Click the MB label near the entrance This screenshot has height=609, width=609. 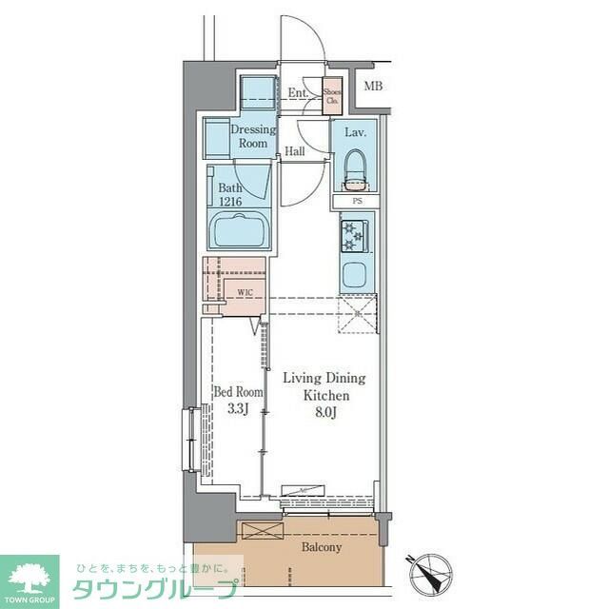tap(374, 88)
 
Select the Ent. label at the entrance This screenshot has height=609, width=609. tap(298, 93)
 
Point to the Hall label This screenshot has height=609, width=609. tap(295, 151)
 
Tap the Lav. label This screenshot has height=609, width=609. tap(355, 132)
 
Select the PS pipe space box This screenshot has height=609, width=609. tap(357, 202)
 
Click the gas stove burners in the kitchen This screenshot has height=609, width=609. tap(354, 235)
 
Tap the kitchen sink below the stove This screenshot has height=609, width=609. tap(354, 276)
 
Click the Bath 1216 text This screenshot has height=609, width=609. tap(230, 196)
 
